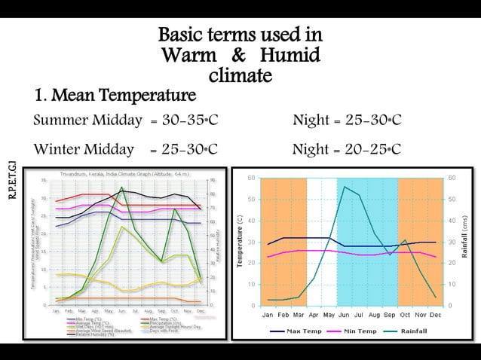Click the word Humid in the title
[x=289, y=55]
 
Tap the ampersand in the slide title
[x=237, y=55]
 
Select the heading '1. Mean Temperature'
[x=115, y=96]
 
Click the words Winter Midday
[x=87, y=148]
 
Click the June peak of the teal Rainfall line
[x=345, y=187]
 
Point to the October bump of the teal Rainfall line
[x=405, y=240]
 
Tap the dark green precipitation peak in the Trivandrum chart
[x=122, y=188]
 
